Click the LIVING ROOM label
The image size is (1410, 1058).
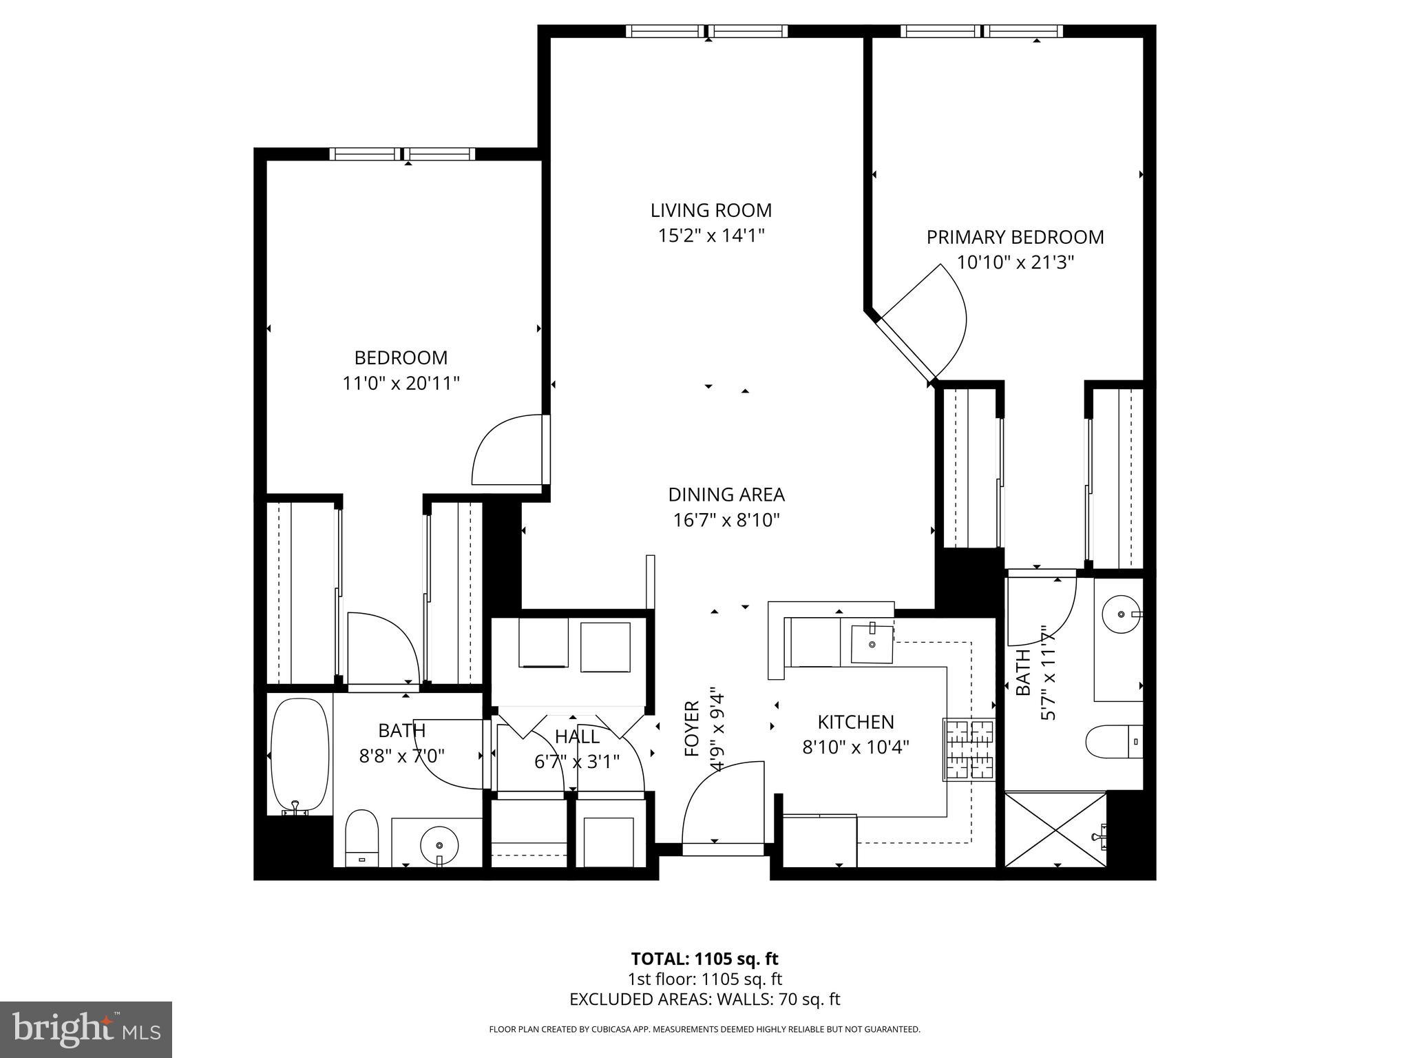[711, 210]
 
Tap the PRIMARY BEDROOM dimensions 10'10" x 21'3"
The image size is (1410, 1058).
[1015, 262]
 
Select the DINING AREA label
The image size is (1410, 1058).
[726, 495]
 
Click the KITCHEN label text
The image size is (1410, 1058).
[855, 722]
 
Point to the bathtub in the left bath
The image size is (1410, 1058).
[299, 755]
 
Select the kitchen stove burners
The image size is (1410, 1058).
[969, 749]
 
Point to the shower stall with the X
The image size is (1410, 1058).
[1055, 829]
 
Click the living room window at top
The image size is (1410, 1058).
[707, 31]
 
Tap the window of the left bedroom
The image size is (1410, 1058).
[402, 154]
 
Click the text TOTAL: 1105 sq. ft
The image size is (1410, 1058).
[704, 959]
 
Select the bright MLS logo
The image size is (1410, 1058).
[86, 1029]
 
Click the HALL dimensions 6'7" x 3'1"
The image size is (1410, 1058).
[577, 762]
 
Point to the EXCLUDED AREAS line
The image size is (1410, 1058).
[704, 999]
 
